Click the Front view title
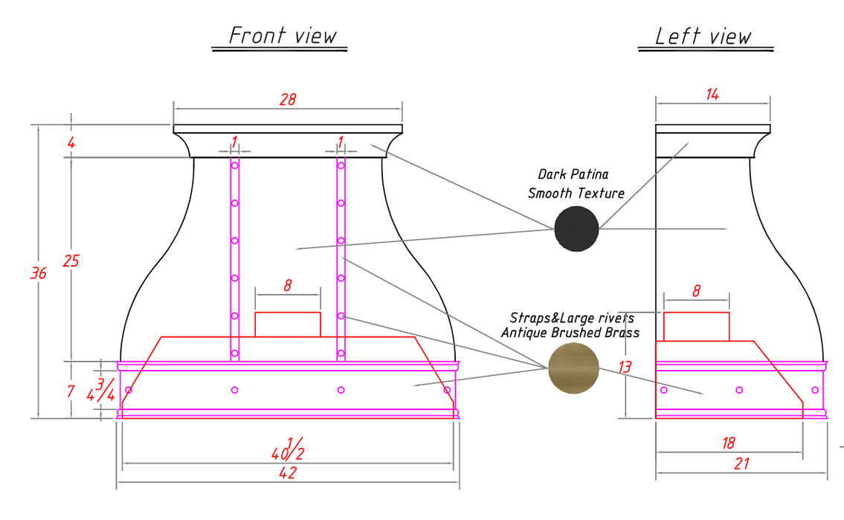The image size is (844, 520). [283, 36]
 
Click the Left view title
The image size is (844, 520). [703, 36]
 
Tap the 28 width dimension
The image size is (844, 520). [288, 100]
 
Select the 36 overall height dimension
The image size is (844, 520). [38, 273]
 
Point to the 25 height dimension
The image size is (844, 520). [71, 261]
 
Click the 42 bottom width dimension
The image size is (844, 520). [288, 472]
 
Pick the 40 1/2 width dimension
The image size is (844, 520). [288, 449]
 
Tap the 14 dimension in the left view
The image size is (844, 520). [712, 94]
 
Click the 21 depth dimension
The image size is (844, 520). [741, 464]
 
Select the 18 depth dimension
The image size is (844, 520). [728, 443]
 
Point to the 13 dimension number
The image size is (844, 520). [625, 367]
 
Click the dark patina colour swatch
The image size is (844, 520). [576, 229]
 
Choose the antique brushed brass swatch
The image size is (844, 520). [574, 368]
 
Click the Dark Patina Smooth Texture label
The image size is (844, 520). [576, 183]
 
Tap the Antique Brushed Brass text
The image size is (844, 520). [570, 333]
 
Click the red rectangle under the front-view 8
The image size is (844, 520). [288, 325]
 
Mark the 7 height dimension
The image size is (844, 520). [71, 391]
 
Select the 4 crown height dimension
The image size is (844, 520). [71, 143]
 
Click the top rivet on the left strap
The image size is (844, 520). [235, 166]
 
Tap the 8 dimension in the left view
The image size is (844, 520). [697, 291]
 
